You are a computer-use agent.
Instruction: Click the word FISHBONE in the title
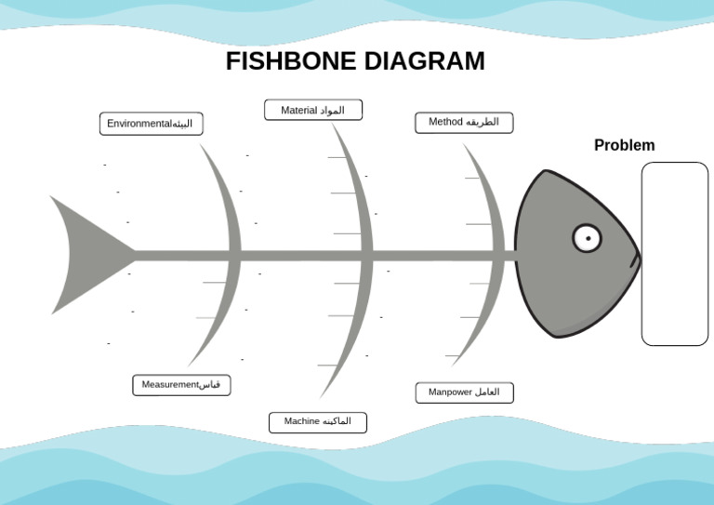tap(291, 61)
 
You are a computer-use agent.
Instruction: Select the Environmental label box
tap(151, 124)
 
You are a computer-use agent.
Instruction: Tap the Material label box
tap(313, 110)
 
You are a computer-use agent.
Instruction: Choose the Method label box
tap(464, 122)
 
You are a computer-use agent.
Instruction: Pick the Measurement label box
tap(181, 385)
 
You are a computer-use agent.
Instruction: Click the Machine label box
tap(318, 422)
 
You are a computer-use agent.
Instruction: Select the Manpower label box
tap(464, 392)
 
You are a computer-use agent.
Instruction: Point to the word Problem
tap(624, 145)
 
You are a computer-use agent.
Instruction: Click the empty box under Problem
tap(674, 253)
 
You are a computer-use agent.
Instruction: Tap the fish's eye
tap(587, 238)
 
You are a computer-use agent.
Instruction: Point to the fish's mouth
tap(636, 259)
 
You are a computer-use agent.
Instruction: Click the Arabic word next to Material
tap(332, 111)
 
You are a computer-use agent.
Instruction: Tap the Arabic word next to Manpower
tap(487, 392)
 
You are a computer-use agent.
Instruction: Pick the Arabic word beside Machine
tap(337, 422)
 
